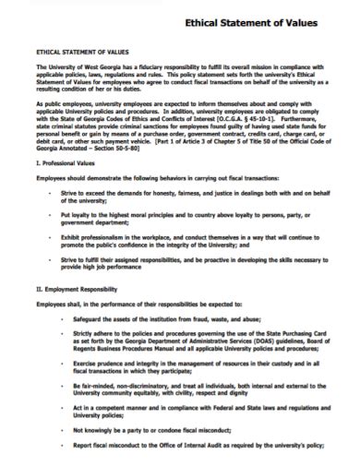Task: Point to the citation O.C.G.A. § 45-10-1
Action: (243, 118)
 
